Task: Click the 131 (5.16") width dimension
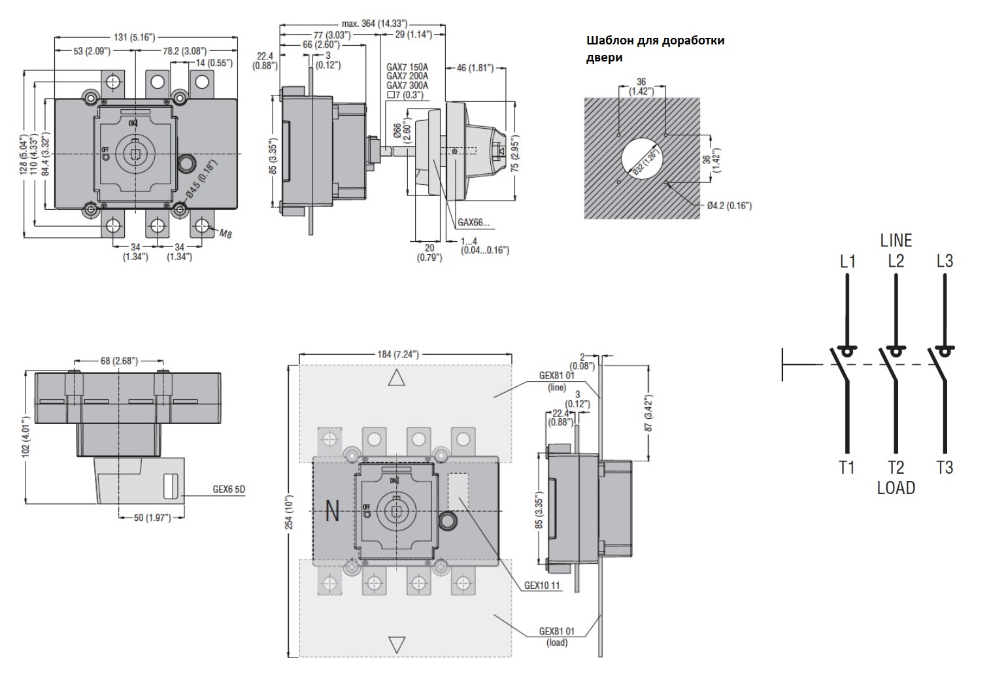click(134, 37)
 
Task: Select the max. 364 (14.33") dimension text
click(375, 24)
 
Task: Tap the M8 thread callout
click(226, 233)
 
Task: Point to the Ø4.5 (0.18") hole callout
click(202, 178)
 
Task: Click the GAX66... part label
click(473, 222)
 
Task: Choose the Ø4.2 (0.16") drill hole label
click(729, 205)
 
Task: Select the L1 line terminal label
click(847, 261)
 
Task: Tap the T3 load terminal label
click(945, 467)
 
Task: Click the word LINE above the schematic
click(896, 241)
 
